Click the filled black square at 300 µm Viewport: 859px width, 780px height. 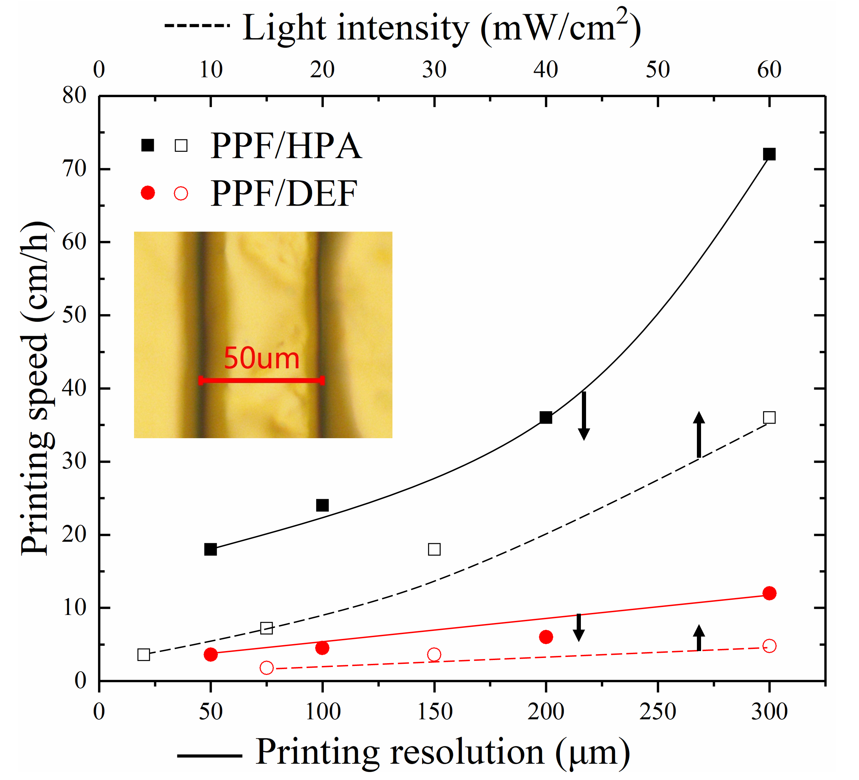click(x=769, y=154)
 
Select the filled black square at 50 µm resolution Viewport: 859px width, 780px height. click(x=211, y=550)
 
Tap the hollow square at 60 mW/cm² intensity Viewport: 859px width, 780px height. click(x=769, y=417)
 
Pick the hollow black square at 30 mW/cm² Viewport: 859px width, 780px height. click(x=434, y=549)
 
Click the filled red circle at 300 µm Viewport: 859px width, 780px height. click(x=769, y=593)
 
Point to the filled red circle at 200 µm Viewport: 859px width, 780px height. click(x=546, y=637)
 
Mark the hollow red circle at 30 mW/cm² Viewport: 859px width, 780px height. click(x=434, y=655)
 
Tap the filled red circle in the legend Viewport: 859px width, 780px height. click(x=148, y=193)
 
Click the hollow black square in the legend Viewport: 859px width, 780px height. click(x=181, y=145)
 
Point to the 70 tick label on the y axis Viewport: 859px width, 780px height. click(x=74, y=169)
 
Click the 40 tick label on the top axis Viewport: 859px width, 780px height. click(x=546, y=70)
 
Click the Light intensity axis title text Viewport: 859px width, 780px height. click(x=441, y=28)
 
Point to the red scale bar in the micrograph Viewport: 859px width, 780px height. click(x=262, y=380)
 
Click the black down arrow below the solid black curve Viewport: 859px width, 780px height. click(x=584, y=416)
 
